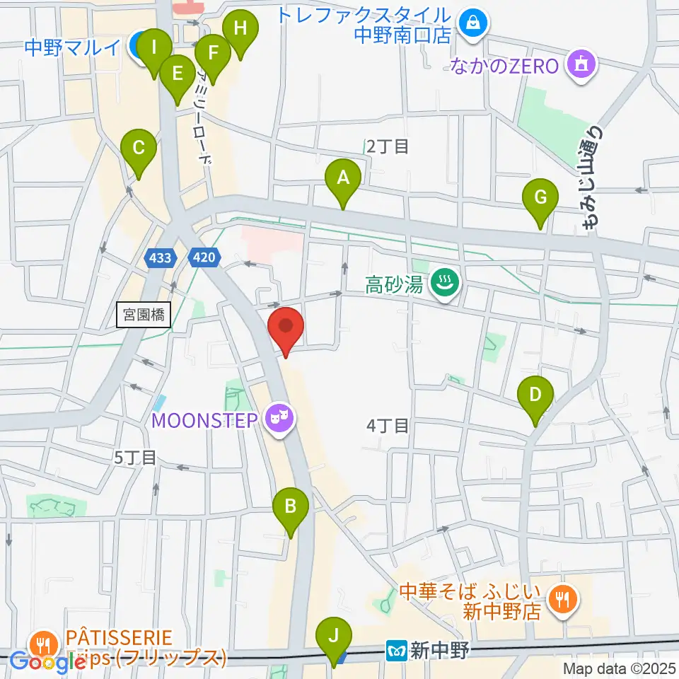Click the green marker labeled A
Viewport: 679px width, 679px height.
(343, 178)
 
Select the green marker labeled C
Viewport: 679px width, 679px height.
(139, 149)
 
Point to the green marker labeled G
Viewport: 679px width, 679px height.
(540, 197)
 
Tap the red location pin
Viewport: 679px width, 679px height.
(286, 327)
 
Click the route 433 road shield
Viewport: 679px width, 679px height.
(161, 258)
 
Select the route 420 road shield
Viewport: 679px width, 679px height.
(203, 258)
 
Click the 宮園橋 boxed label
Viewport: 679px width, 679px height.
(144, 315)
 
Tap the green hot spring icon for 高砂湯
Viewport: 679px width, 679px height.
(446, 285)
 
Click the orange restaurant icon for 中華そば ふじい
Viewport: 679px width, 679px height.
(563, 600)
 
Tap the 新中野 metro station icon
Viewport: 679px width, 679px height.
(397, 648)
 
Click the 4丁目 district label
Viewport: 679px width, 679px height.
(388, 426)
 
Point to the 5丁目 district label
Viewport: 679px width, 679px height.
(135, 457)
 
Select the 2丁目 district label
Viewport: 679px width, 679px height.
(388, 146)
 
